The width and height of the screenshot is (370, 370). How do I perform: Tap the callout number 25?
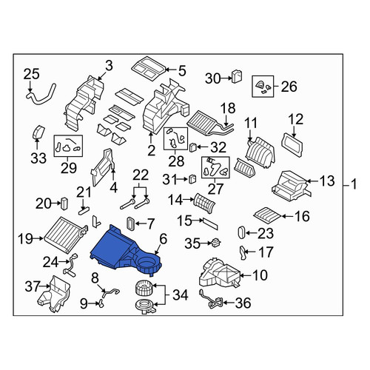(31, 74)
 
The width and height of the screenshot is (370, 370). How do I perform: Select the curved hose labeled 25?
(41, 95)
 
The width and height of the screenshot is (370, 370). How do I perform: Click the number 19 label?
(25, 238)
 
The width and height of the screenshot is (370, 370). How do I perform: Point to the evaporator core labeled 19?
(64, 235)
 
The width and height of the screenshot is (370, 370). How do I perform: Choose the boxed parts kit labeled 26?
(263, 87)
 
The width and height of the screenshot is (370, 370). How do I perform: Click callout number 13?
(327, 181)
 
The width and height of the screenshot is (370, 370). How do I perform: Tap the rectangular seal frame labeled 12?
(292, 144)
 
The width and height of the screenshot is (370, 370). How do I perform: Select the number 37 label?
(33, 286)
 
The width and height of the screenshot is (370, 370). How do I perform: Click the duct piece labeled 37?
(54, 294)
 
